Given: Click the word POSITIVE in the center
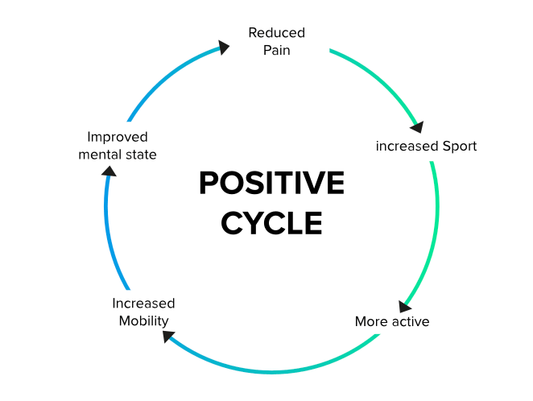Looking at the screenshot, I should click(x=271, y=184).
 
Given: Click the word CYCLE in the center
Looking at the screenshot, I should click(x=271, y=223).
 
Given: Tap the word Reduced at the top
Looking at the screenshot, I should click(x=276, y=33).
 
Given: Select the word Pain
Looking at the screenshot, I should click(x=276, y=50).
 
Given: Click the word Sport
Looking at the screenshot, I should click(x=460, y=147).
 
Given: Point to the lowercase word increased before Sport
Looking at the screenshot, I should click(x=407, y=147).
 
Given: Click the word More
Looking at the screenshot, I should click(x=371, y=321).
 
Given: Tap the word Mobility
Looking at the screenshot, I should click(x=143, y=320).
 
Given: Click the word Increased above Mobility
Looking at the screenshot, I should click(x=143, y=304).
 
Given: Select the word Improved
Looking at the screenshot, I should click(x=118, y=137).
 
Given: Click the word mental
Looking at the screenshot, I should click(x=98, y=154).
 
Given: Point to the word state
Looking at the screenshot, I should click(x=139, y=154).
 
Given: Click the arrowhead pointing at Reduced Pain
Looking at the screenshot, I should click(x=222, y=48).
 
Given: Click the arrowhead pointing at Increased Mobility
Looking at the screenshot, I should click(x=170, y=334).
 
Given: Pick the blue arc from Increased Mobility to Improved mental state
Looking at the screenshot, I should click(x=108, y=234).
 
